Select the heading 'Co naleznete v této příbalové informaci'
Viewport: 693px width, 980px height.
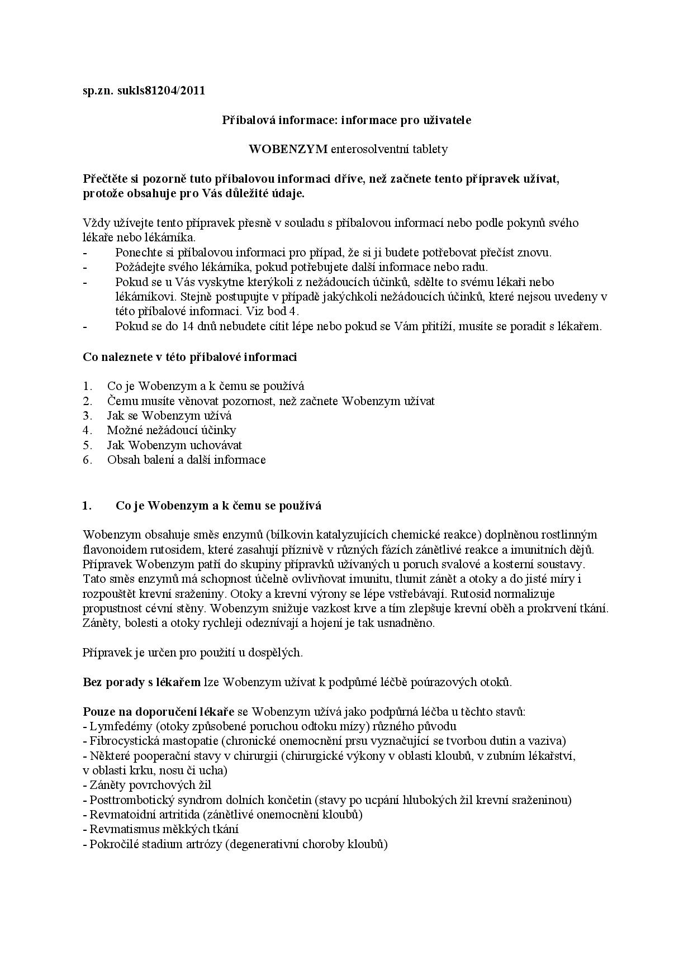190,356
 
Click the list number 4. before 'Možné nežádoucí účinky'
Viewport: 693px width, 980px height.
87,430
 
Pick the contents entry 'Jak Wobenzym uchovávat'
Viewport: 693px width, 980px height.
174,445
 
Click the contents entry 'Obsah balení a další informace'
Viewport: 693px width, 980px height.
186,460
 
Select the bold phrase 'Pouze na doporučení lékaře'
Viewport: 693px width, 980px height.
158,712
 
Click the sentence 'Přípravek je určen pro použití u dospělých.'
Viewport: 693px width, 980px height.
193,653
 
